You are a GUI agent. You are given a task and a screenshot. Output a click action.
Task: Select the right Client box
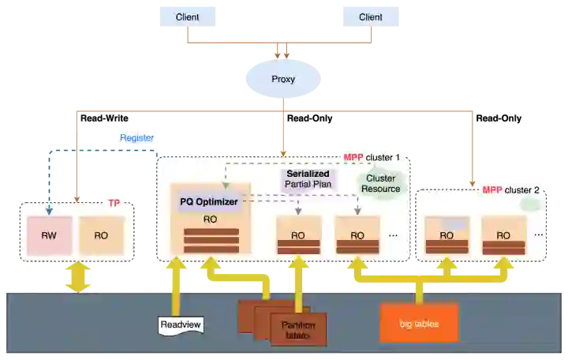point(371,17)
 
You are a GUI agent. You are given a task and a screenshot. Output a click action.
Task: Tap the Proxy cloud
point(282,79)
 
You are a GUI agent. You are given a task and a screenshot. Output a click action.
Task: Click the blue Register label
point(136,137)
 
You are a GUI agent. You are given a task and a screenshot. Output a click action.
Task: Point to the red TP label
point(114,203)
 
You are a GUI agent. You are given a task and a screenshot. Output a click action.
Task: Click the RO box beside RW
point(102,235)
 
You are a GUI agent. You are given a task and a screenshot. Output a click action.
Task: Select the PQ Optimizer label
point(209,202)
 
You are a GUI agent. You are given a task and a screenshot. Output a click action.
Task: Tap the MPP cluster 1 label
point(372,157)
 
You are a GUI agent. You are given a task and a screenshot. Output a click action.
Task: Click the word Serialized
point(308,173)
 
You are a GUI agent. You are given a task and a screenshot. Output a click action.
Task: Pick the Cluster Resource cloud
point(380,184)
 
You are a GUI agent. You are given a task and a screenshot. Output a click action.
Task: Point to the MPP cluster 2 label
point(511,189)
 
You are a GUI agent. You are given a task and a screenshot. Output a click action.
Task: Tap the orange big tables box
point(418,324)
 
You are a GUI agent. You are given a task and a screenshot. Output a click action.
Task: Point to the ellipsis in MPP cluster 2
point(538,234)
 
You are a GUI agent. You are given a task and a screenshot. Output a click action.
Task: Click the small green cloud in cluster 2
point(531,203)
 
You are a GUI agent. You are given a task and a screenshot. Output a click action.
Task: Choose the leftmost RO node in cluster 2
point(447,234)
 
